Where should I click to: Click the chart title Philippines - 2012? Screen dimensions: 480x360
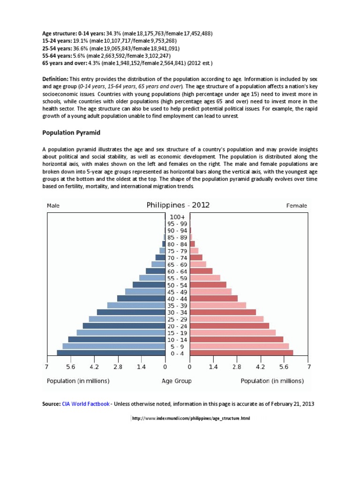click(x=178, y=205)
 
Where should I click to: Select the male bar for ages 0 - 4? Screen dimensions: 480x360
click(x=111, y=353)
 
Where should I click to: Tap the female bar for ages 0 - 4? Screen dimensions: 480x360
click(x=241, y=353)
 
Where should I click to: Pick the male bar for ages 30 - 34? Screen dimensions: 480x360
click(x=131, y=312)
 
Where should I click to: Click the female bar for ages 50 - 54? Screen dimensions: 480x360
click(x=208, y=285)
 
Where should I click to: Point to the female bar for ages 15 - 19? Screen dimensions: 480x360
click(x=232, y=333)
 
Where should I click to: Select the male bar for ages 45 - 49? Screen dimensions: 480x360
click(x=145, y=292)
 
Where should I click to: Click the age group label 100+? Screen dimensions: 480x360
click(x=178, y=217)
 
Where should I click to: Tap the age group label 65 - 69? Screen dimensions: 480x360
click(x=178, y=265)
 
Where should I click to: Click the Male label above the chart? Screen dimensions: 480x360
click(x=53, y=206)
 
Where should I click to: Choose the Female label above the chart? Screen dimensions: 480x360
click(x=296, y=206)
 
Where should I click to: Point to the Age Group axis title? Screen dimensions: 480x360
click(x=177, y=381)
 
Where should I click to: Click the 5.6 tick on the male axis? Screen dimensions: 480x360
click(x=71, y=366)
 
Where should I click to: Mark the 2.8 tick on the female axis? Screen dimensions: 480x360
click(x=237, y=366)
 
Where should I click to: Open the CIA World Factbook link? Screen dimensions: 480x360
click(x=85, y=404)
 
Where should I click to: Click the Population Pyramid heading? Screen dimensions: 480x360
click(x=71, y=133)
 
